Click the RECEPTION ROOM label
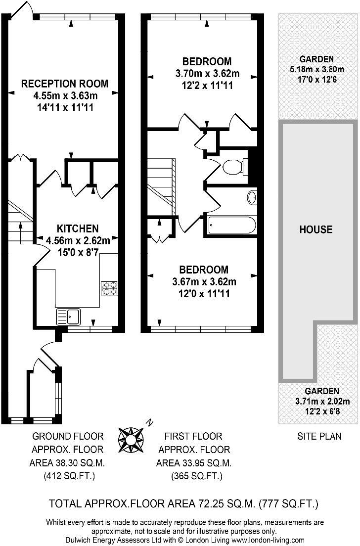(65, 84)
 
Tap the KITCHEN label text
(78, 228)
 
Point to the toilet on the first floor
(233, 167)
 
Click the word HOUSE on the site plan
(316, 229)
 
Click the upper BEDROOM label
(207, 62)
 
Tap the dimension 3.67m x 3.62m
(204, 282)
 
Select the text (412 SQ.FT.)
(69, 476)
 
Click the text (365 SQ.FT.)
(196, 476)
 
